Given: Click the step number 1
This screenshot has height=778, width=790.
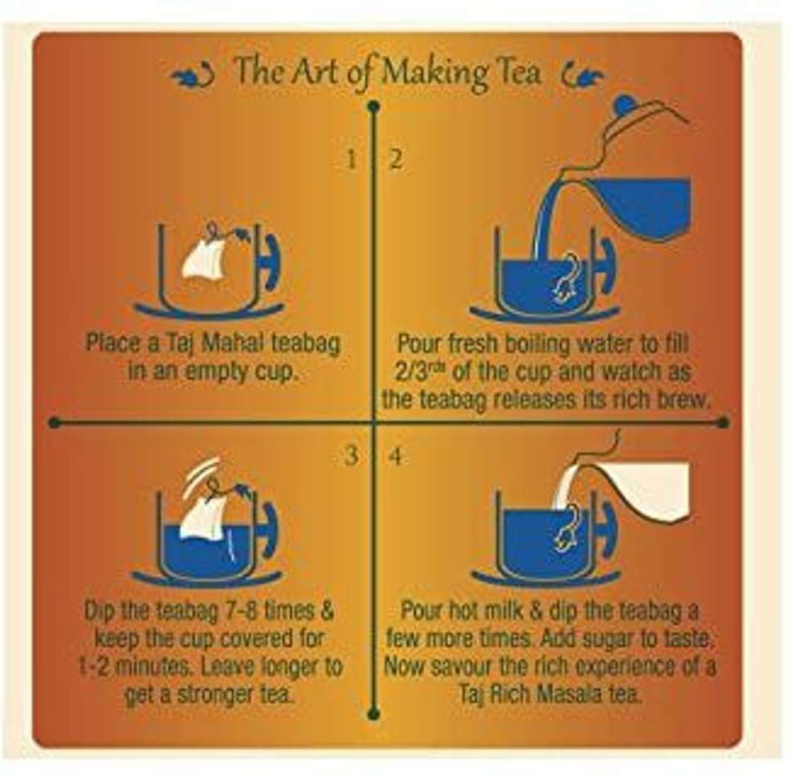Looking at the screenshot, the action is [x=352, y=160].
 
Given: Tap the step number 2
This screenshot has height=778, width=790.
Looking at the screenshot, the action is [x=396, y=160].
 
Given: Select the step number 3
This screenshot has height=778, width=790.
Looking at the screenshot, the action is [x=351, y=455].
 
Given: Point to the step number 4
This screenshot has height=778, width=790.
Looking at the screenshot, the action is [x=396, y=456].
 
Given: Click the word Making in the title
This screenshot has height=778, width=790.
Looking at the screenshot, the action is [x=434, y=74].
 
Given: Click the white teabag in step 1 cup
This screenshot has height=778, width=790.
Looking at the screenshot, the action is [x=203, y=260].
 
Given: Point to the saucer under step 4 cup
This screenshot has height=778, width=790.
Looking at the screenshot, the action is [x=544, y=579].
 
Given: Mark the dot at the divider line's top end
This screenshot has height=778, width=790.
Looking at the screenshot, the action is [x=373, y=106].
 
